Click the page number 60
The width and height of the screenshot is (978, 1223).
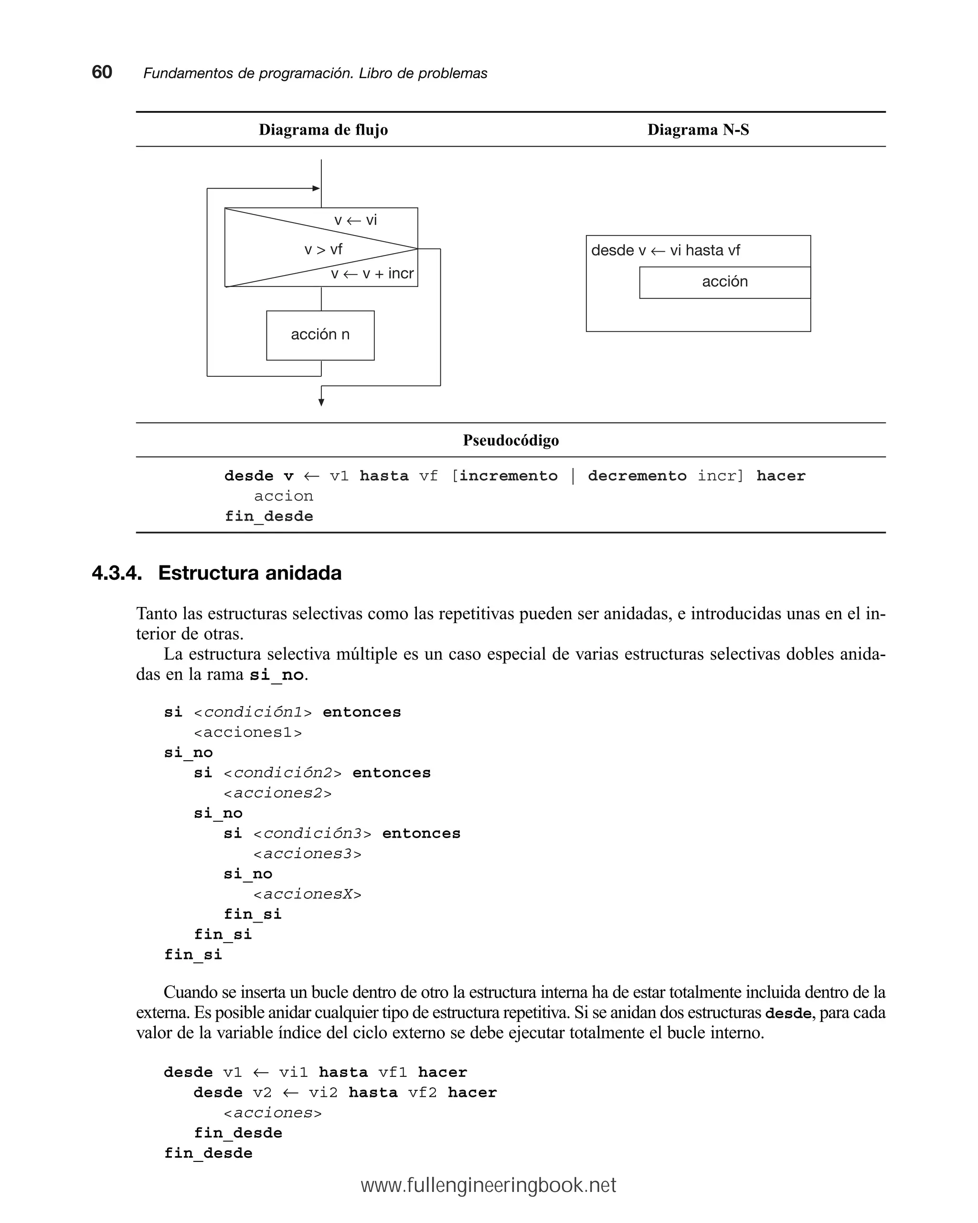point(102,72)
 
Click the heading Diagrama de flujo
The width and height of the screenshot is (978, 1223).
point(323,130)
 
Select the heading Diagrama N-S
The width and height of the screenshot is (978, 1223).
point(698,130)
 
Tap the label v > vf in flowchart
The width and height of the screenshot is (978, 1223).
point(323,250)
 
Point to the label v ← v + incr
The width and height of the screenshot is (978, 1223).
point(372,274)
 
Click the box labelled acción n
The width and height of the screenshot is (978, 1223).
point(320,335)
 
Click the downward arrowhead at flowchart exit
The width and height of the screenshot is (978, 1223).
point(321,402)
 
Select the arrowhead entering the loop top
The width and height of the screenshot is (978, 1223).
point(316,188)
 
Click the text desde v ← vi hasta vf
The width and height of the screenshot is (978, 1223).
point(665,251)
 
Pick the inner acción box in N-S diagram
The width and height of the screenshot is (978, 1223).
point(724,282)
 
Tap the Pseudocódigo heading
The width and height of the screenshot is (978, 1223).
point(510,440)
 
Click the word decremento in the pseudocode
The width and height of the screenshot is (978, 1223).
point(637,476)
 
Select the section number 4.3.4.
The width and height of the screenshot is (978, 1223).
point(117,573)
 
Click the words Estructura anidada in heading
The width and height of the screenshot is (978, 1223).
point(250,573)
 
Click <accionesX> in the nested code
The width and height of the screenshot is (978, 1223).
point(307,894)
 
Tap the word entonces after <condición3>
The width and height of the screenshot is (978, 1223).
point(421,834)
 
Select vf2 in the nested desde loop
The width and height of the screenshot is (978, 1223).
point(422,1093)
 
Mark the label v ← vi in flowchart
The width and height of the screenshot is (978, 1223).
point(355,220)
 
